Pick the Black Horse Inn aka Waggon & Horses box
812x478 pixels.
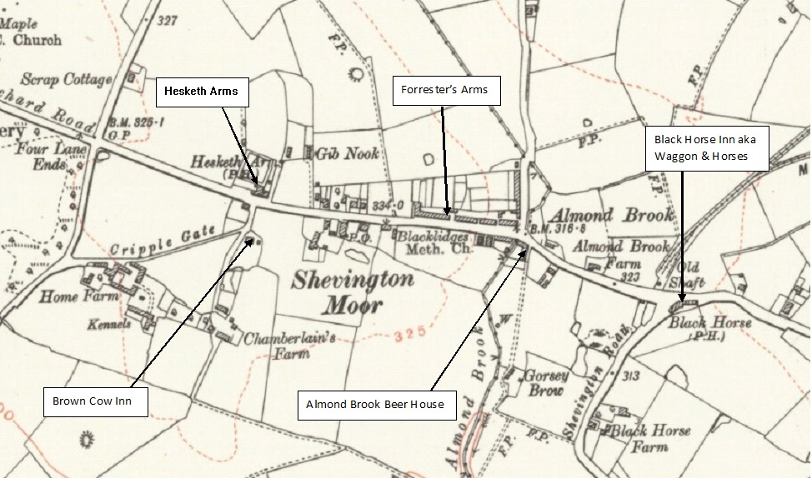706,148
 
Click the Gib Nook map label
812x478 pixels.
347,154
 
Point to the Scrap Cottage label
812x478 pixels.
66,80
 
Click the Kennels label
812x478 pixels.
112,324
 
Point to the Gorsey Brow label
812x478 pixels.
546,382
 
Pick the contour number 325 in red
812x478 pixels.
411,333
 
